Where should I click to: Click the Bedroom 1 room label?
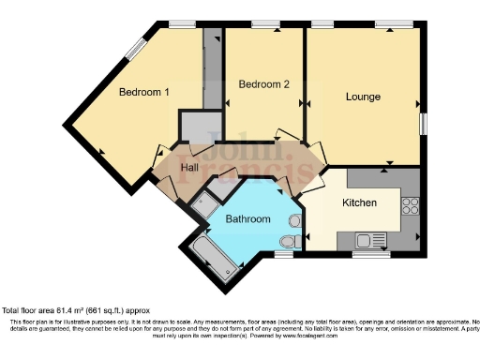click(x=143, y=92)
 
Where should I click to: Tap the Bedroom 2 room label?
click(x=263, y=84)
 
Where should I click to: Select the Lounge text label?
click(x=362, y=96)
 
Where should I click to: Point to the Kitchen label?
click(x=359, y=202)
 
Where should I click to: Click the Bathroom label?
click(x=247, y=219)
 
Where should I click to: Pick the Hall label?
click(x=189, y=168)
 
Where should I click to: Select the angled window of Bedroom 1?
click(x=138, y=49)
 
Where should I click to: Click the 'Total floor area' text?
click(x=75, y=309)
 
